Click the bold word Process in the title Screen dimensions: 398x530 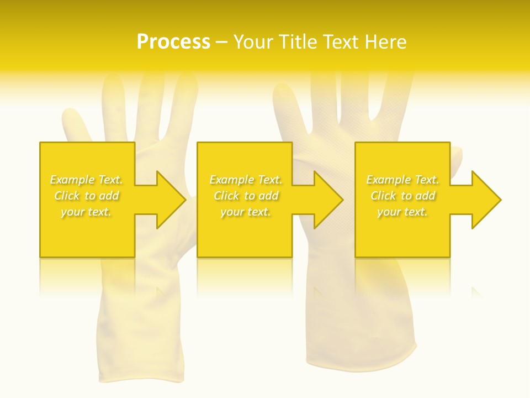[x=173, y=42]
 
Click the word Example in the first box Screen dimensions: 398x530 [x=71, y=180]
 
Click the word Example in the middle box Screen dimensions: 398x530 [x=231, y=180]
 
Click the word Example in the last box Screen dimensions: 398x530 [x=388, y=180]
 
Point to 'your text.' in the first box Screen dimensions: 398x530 [x=86, y=212]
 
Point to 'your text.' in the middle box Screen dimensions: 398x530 [x=245, y=212]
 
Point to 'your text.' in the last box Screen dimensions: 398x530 [x=402, y=212]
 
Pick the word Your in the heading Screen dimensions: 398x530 [x=255, y=42]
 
